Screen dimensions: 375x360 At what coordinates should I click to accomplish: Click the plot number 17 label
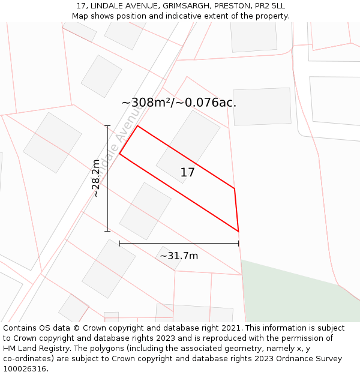tap(187, 173)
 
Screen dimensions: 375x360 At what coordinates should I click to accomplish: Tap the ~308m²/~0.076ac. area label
tap(179, 103)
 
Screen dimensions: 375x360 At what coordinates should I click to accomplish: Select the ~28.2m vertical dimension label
tap(96, 178)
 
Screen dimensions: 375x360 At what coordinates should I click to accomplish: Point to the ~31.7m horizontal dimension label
tap(179, 256)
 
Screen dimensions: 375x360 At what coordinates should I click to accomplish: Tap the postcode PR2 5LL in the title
tap(268, 6)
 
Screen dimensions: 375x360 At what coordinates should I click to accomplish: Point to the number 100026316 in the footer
tap(24, 369)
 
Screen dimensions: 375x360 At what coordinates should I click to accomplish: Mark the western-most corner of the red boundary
tap(119, 154)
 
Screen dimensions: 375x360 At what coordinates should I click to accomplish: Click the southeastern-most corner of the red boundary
tap(238, 231)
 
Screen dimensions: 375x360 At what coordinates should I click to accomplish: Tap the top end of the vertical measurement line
tap(108, 126)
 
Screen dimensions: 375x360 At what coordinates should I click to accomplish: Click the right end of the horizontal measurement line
tap(238, 244)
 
